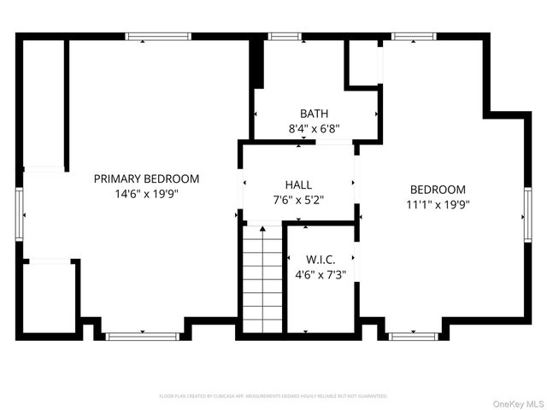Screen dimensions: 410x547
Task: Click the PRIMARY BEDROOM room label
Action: tap(146, 179)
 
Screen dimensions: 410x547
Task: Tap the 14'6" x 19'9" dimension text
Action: tap(146, 194)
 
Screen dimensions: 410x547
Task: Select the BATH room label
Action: tap(314, 114)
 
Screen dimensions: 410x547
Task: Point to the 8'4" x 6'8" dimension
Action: tap(314, 129)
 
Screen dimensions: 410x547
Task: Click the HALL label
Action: tap(298, 184)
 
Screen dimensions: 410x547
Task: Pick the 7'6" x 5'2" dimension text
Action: tap(298, 200)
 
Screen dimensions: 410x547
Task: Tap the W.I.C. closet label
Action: tap(321, 259)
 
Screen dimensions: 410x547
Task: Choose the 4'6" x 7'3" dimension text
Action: tap(321, 274)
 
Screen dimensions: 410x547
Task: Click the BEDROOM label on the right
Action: tap(438, 190)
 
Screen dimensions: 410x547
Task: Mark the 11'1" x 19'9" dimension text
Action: tap(438, 205)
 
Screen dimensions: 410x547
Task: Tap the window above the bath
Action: tap(279, 37)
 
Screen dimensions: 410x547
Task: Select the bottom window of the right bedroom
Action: tap(414, 336)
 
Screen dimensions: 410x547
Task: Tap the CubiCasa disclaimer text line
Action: tap(273, 396)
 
